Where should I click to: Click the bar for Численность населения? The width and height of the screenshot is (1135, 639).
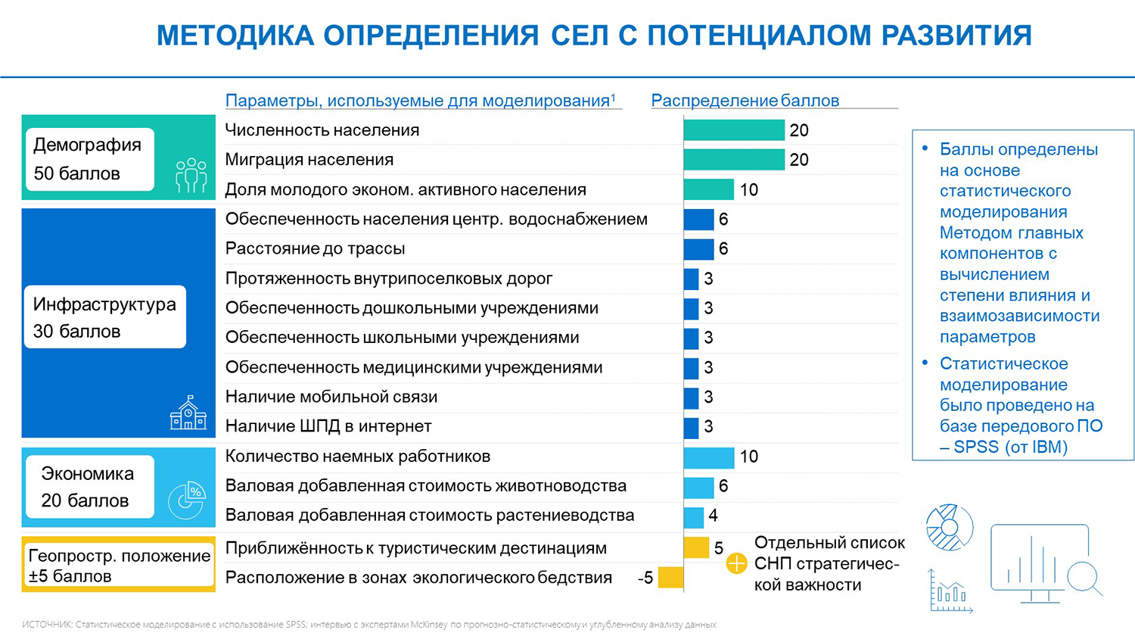(733, 130)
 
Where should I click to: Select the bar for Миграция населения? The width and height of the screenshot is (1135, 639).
(733, 160)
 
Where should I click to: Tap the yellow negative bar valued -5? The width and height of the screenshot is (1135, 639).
(670, 578)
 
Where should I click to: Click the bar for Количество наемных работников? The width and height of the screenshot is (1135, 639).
(708, 457)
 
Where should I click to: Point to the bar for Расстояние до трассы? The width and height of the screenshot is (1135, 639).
(698, 249)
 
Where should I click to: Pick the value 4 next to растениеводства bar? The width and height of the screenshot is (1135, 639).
(713, 516)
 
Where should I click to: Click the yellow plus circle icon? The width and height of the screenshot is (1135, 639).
(736, 563)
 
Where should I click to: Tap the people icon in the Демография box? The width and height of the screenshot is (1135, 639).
(191, 175)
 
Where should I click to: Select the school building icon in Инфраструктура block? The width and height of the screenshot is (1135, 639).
(188, 413)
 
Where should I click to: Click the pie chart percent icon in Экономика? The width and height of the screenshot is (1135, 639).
(186, 500)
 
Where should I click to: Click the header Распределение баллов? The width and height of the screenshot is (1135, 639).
(745, 101)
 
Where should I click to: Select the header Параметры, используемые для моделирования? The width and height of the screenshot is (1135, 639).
(420, 101)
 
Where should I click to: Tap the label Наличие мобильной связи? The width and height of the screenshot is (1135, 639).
(331, 397)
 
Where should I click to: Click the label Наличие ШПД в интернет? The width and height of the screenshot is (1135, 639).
(328, 426)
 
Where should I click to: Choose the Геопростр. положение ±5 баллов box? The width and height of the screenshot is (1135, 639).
(119, 565)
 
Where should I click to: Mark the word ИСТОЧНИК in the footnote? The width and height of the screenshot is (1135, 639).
(46, 625)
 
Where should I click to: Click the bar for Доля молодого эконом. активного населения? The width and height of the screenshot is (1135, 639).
(708, 189)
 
